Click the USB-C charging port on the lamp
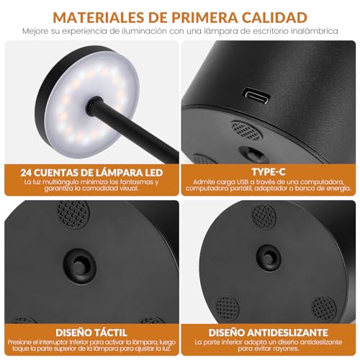click(x=257, y=94)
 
